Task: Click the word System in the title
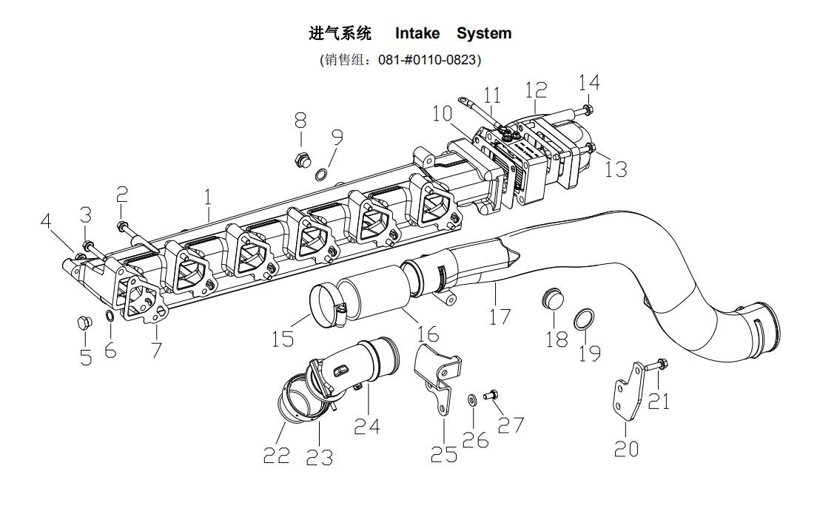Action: pyautogui.click(x=483, y=33)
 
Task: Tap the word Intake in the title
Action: pyautogui.click(x=417, y=33)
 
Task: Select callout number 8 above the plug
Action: pyautogui.click(x=300, y=120)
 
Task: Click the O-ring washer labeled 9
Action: pyautogui.click(x=322, y=175)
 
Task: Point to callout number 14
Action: pyautogui.click(x=589, y=83)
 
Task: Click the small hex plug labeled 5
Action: pyautogui.click(x=84, y=323)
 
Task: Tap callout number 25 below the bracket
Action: pyautogui.click(x=444, y=453)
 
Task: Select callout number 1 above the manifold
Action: pyautogui.click(x=208, y=197)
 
